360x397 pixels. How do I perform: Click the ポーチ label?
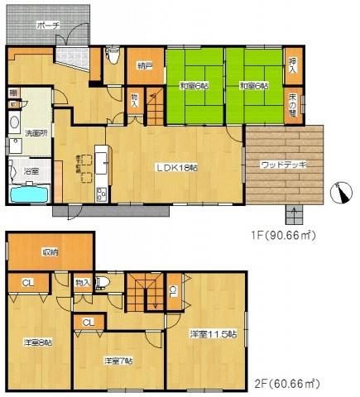coord(48,26)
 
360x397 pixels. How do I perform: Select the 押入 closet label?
coord(292,65)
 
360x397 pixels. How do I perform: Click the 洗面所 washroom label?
coord(33,132)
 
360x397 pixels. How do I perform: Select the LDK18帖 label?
coord(178,168)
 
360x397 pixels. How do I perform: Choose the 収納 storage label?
coord(50,253)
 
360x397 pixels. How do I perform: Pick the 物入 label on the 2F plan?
coord(81,283)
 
